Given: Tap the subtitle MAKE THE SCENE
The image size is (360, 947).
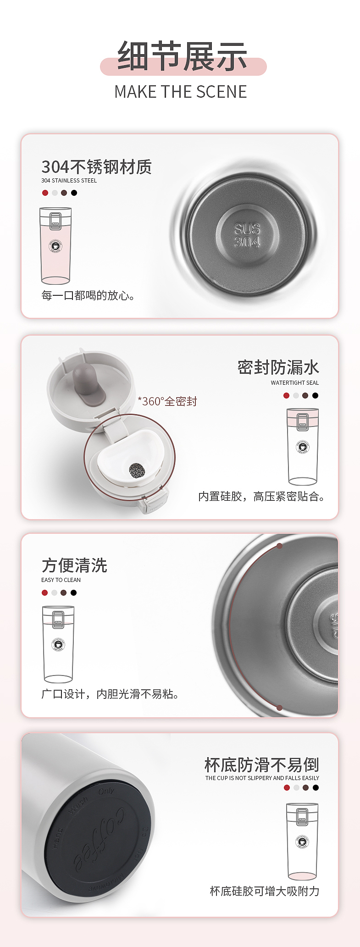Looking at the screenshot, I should [181, 92].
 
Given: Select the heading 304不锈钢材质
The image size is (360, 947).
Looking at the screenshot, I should [96, 167].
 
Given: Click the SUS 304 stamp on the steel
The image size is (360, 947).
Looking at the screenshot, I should [247, 235].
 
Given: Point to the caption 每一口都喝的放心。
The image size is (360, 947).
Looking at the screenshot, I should [88, 296].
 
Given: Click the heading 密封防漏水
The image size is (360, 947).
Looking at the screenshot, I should [278, 367].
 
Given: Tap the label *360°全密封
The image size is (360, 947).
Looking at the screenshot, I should [167, 402].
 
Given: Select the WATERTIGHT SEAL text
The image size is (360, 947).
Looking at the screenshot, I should [294, 383].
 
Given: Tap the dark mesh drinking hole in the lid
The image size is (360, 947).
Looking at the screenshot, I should [137, 470].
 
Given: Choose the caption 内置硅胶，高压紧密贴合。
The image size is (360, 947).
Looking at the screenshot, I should [261, 497].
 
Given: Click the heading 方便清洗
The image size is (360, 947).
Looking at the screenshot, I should [74, 565].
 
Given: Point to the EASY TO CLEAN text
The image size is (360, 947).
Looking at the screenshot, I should [61, 580].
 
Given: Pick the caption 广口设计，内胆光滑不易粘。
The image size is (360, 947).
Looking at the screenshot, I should [110, 694].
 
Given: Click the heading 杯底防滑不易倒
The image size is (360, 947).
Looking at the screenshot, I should [261, 765].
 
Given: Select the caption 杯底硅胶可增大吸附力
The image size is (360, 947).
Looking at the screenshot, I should [264, 891].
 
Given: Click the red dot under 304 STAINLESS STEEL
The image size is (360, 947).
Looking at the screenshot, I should [45, 193].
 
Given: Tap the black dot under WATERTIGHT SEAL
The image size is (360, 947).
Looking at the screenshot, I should [315, 395].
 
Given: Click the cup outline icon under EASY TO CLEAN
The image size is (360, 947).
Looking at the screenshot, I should [58, 644].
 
